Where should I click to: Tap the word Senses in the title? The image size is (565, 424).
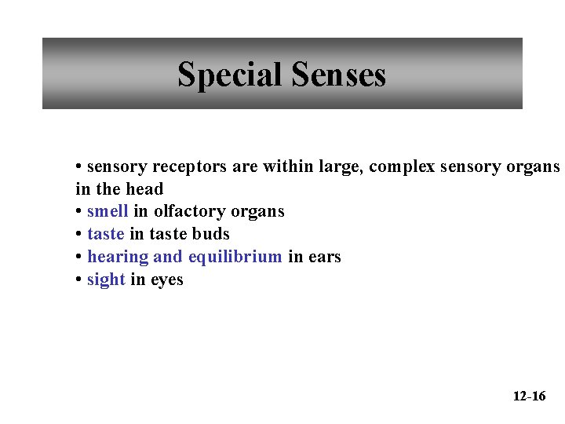[338, 75]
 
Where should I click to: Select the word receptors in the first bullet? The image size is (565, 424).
[189, 166]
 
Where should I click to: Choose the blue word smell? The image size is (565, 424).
[108, 211]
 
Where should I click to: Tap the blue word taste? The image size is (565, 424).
[106, 234]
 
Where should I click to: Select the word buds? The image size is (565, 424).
[211, 234]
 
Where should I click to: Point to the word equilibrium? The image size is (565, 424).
[235, 257]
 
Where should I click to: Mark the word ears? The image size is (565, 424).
[324, 257]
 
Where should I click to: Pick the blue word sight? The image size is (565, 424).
[106, 280]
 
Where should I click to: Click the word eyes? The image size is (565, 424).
[166, 280]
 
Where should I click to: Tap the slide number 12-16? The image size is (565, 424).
[529, 396]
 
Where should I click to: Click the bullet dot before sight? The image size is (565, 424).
[79, 280]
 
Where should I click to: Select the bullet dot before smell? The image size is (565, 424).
[79, 212]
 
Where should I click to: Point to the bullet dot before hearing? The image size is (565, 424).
[79, 258]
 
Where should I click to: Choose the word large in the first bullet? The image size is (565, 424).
[341, 166]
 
